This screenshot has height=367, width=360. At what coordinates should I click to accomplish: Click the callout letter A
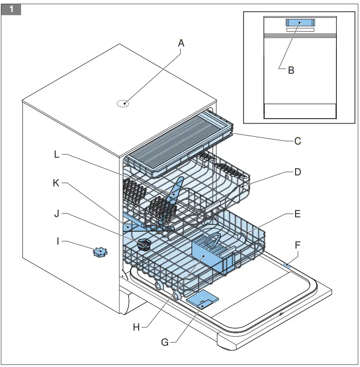point(181,43)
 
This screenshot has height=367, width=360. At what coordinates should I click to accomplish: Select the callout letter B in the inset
point(291,70)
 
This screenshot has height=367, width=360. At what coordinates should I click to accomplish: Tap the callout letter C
point(298,141)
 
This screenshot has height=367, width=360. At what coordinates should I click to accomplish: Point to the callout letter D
point(298,172)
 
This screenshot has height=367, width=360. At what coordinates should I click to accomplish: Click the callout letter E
point(297,214)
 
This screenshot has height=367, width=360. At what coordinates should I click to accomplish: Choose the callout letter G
point(165,343)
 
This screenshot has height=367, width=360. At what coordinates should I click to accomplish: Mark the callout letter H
point(136,327)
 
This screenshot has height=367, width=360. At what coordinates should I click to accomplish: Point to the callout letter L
point(57,154)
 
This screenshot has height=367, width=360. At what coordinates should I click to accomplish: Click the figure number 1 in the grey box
point(11,9)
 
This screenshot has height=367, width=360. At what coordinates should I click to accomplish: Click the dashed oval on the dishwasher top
point(123,103)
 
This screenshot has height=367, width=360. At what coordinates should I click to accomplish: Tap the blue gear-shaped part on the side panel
point(100,252)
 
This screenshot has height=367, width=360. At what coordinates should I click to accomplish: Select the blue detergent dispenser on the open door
point(202,301)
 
